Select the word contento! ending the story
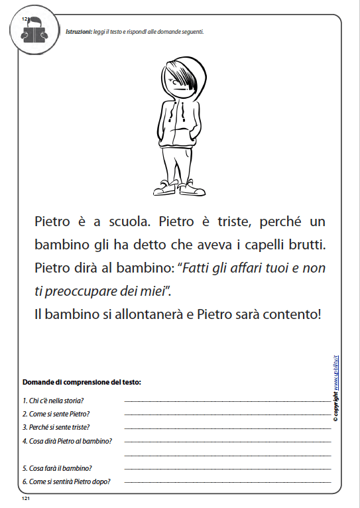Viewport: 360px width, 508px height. pos(291,312)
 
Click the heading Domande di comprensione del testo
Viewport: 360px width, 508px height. pos(82,383)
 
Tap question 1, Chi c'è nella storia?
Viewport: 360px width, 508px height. pos(53,401)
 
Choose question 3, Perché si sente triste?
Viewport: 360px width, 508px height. pos(56,427)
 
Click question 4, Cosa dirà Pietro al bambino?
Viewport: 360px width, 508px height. pos(67,440)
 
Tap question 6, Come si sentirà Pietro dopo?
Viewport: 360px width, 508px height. pos(66,481)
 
